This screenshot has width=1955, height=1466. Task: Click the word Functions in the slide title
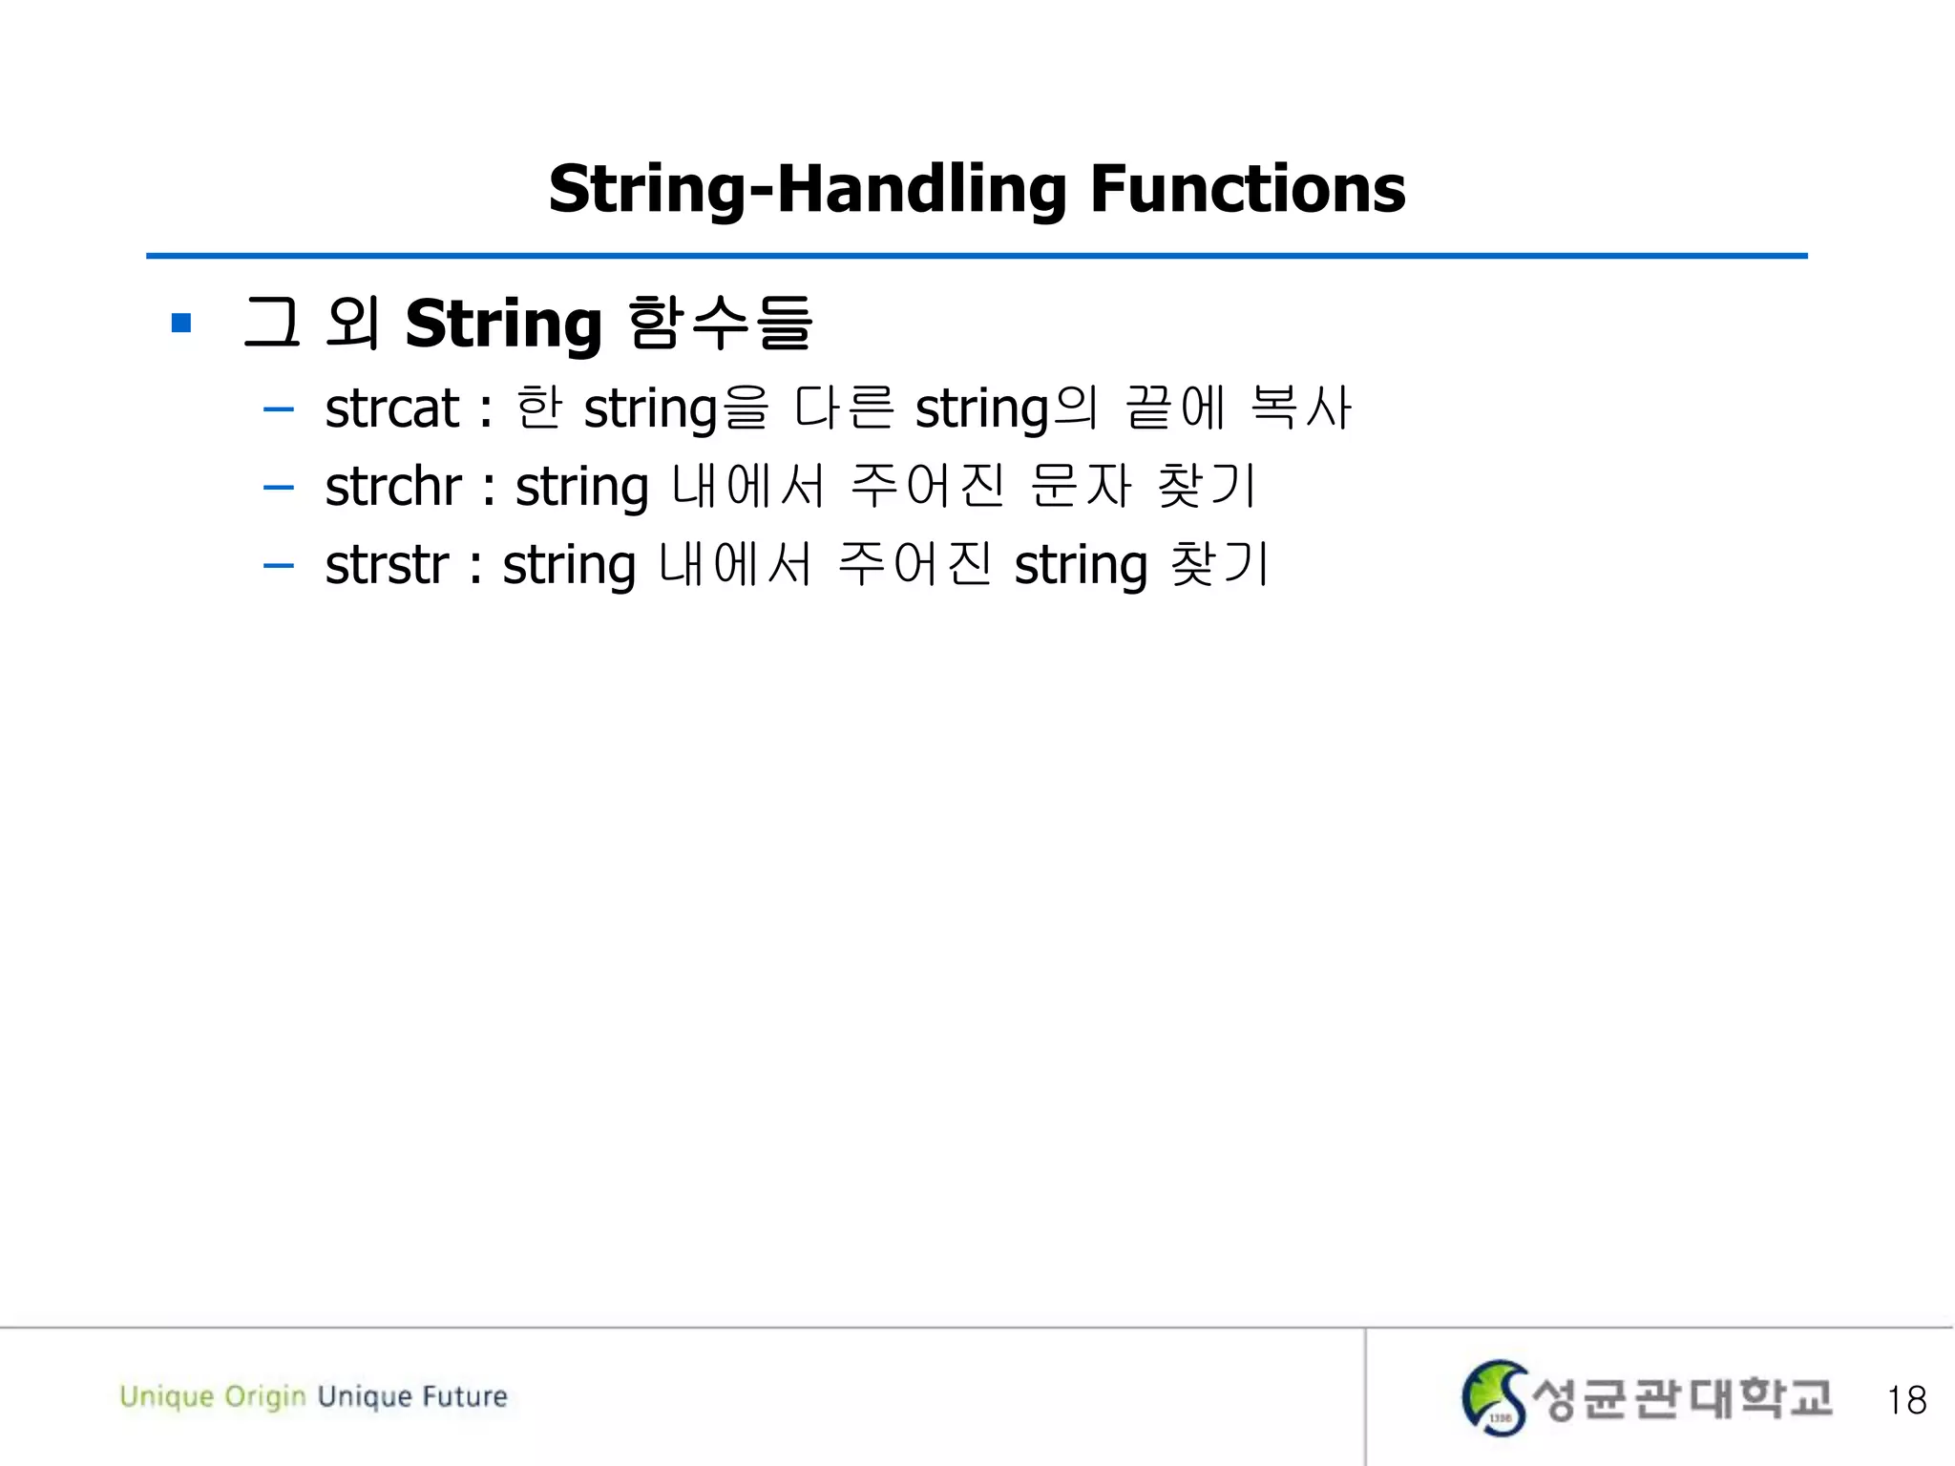point(1247,189)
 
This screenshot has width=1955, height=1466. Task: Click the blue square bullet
point(181,324)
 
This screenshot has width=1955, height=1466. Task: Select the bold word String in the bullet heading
point(503,325)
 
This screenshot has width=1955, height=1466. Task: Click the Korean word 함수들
point(721,323)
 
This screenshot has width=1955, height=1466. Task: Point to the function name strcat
point(391,408)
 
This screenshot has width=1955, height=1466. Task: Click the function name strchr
point(392,487)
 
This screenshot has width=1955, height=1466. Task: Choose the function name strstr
point(386,565)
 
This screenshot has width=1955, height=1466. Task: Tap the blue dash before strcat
point(278,410)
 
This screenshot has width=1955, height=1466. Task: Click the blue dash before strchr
point(278,489)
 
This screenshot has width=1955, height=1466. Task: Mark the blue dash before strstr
point(278,566)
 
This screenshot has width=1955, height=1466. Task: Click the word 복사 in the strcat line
point(1300,408)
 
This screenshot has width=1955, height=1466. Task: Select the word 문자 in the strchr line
point(1081,486)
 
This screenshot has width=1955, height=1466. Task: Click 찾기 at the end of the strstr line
point(1219,564)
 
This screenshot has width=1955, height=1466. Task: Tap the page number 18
point(1905,1400)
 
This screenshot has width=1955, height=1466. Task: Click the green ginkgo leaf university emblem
point(1494,1397)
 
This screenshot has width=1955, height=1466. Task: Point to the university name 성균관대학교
point(1681,1398)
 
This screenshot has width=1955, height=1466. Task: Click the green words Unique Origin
point(212,1396)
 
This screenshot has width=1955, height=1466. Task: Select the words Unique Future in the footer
point(412,1396)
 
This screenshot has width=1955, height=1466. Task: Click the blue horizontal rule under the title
point(976,256)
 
